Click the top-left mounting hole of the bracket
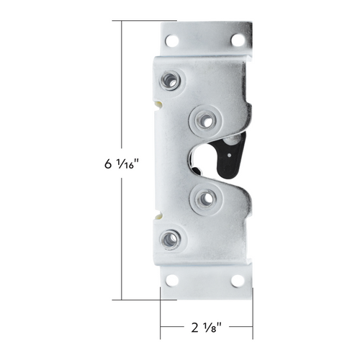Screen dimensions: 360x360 point(172,41)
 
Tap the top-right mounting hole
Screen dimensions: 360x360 point(237,40)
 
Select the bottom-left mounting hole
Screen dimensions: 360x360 point(172,280)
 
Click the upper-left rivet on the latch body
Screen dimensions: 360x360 point(171,79)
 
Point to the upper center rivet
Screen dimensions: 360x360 point(205,119)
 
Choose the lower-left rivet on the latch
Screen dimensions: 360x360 point(171,239)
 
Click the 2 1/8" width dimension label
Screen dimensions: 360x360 point(206,328)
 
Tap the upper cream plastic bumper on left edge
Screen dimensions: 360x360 point(157,103)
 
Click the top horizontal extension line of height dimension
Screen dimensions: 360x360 point(144,21)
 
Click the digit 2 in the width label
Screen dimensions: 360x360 point(194,328)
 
